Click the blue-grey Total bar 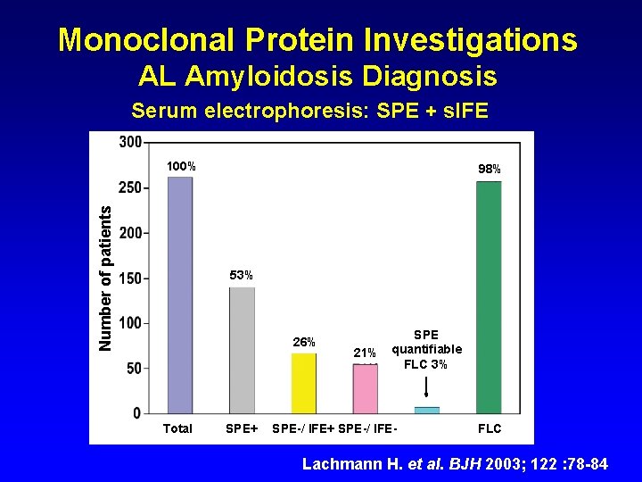click(180, 295)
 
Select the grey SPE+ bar click(242, 350)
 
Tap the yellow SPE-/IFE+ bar click(303, 383)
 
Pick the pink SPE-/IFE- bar click(366, 388)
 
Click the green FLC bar click(489, 296)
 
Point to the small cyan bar click(427, 410)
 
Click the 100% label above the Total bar click(182, 167)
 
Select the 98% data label click(490, 169)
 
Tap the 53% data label click(242, 275)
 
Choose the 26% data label click(304, 342)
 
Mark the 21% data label click(366, 353)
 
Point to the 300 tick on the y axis click(129, 143)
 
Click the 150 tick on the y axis click(129, 278)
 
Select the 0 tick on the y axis click(136, 413)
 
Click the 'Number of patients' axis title click(106, 278)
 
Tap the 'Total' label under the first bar click(177, 428)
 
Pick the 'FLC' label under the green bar click(490, 428)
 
